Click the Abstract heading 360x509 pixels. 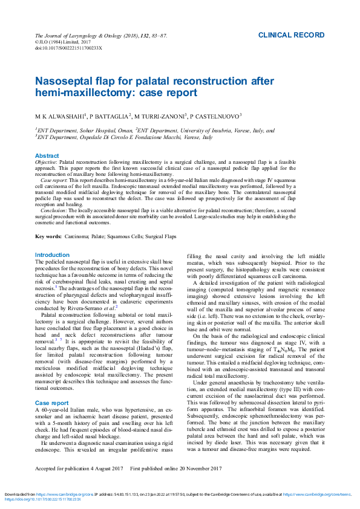[47, 156]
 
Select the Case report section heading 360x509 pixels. [51, 385]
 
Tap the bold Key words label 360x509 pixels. [48, 236]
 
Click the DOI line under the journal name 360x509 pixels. [68, 47]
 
